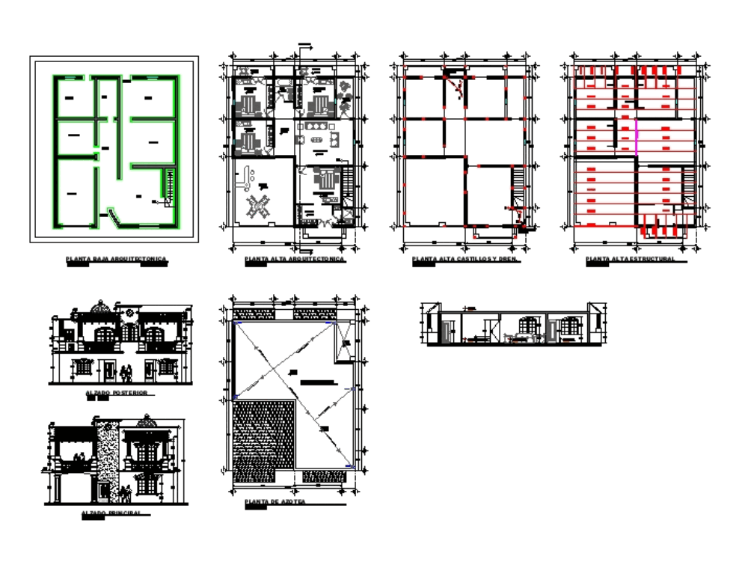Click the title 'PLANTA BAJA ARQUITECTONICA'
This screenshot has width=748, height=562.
(x=116, y=260)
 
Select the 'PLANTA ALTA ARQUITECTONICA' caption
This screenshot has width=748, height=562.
(x=294, y=259)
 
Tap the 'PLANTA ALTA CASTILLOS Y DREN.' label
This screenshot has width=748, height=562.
(x=465, y=259)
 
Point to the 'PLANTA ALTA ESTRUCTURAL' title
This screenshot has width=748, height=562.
(x=631, y=259)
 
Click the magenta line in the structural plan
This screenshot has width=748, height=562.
(x=635, y=137)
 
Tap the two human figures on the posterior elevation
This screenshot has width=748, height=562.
(x=128, y=371)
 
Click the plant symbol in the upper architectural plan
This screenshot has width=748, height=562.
(x=344, y=88)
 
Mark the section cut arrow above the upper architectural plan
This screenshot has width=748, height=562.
(x=305, y=47)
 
